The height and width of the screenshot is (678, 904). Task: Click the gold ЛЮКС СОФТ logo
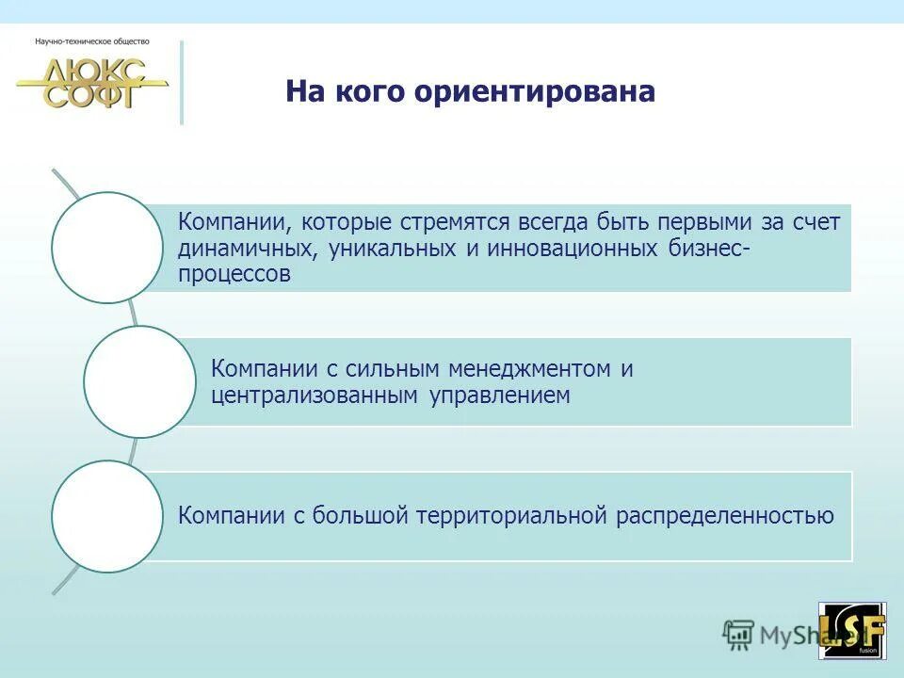tap(92, 84)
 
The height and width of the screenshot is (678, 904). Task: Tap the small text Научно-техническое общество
tap(92, 41)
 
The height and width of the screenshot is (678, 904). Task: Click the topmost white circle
tap(106, 248)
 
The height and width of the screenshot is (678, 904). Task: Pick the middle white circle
tap(139, 381)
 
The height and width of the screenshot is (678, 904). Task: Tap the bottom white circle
tap(106, 516)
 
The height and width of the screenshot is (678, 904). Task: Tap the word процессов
tap(234, 275)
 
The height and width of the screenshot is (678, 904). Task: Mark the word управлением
tap(500, 395)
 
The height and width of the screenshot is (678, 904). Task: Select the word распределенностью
tap(725, 516)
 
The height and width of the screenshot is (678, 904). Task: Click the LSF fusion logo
tap(852, 630)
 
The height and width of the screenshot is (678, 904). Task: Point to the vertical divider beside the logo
tap(182, 83)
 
